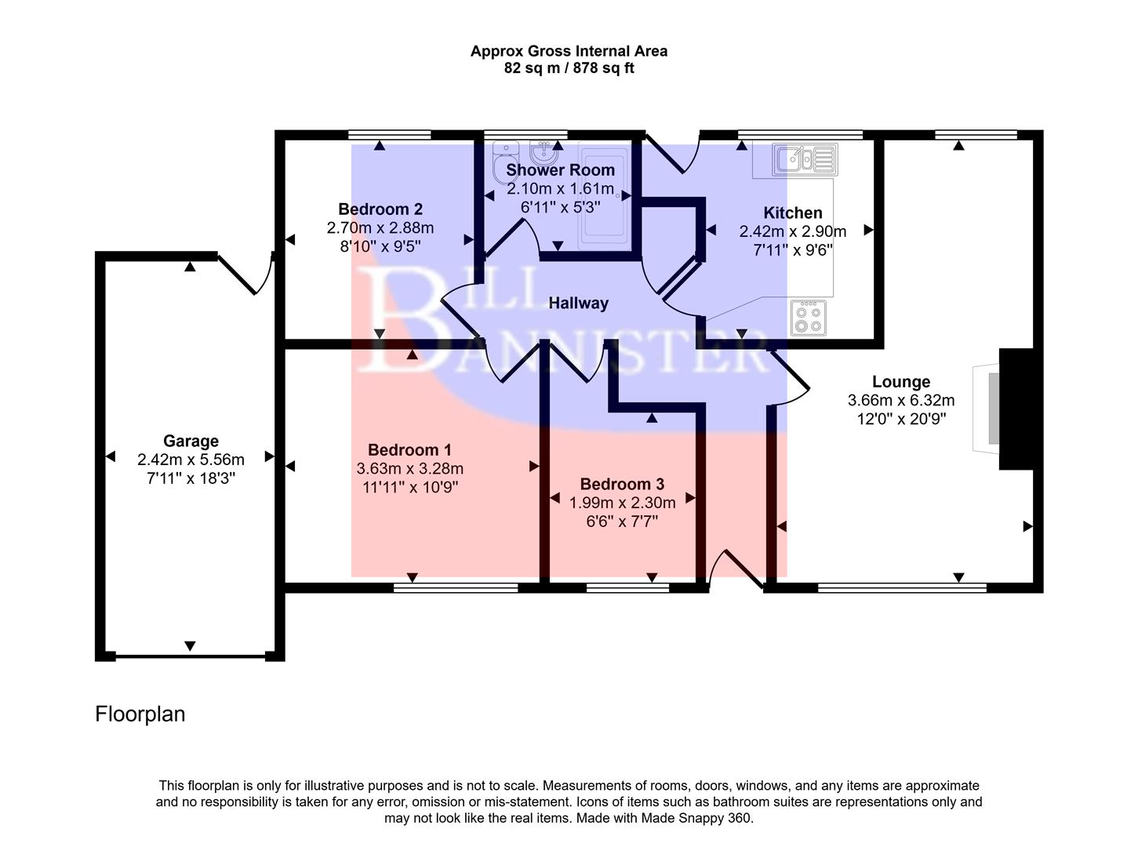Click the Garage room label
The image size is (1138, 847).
pyautogui.click(x=191, y=441)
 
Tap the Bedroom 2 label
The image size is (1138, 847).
pyautogui.click(x=380, y=209)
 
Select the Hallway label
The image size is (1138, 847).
pyautogui.click(x=578, y=304)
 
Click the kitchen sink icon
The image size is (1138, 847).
pyautogui.click(x=805, y=160)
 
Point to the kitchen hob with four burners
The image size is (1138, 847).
pyautogui.click(x=808, y=318)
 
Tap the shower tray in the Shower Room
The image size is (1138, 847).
pyautogui.click(x=603, y=196)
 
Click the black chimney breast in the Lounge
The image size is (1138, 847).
pyautogui.click(x=1016, y=409)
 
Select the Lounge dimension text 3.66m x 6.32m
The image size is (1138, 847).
pyautogui.click(x=901, y=401)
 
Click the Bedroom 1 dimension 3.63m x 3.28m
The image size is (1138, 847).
pyautogui.click(x=409, y=469)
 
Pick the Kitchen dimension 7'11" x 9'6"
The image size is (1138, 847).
pyautogui.click(x=793, y=250)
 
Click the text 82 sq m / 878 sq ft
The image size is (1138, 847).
pyautogui.click(x=569, y=68)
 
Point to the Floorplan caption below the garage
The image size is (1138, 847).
pyautogui.click(x=140, y=714)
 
